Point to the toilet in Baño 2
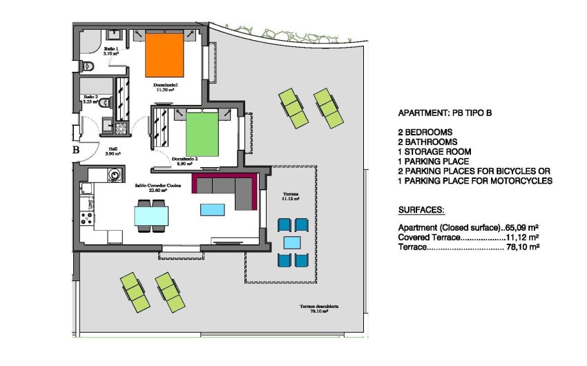[x=104, y=102]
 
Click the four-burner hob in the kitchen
[x=88, y=219]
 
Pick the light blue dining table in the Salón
[x=151, y=217]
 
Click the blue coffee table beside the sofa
[x=213, y=209]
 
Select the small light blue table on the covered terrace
[x=292, y=242]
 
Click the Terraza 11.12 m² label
[x=291, y=198]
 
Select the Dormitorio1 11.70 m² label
[x=164, y=87]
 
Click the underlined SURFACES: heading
[x=421, y=209]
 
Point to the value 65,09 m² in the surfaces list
[x=522, y=227]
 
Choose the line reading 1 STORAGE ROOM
[x=435, y=151]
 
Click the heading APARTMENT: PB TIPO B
[x=447, y=113]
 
